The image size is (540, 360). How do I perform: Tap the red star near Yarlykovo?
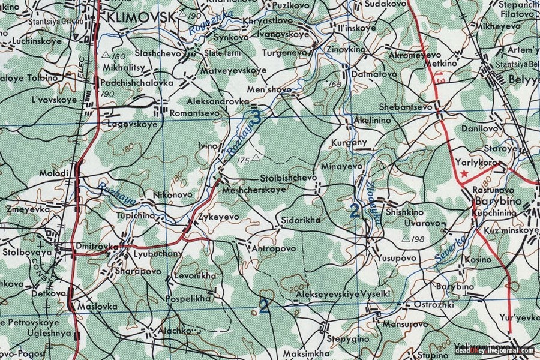click(464, 173)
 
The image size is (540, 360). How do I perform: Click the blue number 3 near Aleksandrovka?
click(256, 118)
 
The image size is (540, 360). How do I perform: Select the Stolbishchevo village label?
click(288, 178)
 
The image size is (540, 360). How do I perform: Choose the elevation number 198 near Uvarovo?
click(418, 239)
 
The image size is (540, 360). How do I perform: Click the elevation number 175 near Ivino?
click(242, 160)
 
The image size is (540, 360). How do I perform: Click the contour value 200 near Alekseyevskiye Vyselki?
click(296, 289)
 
